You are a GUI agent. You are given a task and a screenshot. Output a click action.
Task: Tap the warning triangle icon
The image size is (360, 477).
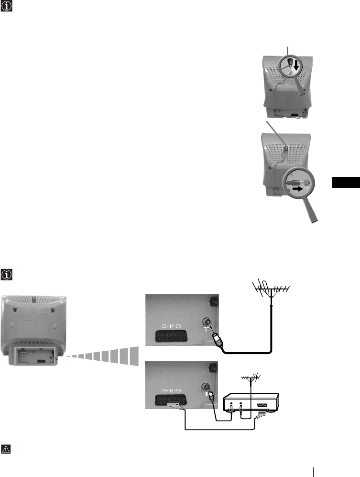point(8,450)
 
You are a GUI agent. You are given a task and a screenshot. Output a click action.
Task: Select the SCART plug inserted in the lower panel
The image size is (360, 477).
point(174,405)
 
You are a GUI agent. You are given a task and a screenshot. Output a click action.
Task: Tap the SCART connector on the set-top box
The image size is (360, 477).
point(262,404)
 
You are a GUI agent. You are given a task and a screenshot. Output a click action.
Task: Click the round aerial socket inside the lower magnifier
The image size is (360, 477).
point(305,182)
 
